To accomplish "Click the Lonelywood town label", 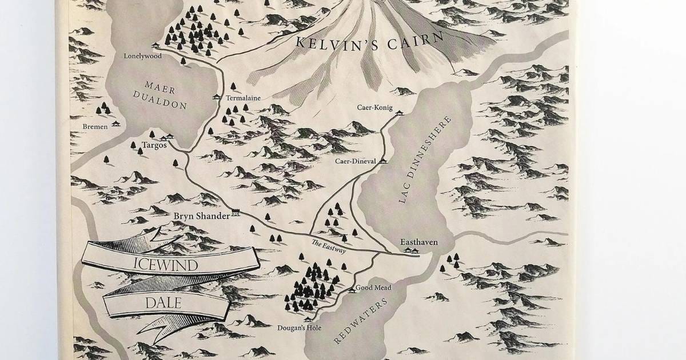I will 143,56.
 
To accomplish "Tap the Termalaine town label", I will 243,98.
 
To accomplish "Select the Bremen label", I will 94,126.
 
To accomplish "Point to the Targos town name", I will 154,145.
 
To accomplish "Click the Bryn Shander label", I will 201,215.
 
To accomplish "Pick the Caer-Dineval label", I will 356,162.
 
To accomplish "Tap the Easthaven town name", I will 419,242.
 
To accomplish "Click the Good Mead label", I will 373,287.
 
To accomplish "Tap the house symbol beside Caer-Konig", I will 399,113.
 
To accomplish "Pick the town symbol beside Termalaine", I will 216,97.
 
